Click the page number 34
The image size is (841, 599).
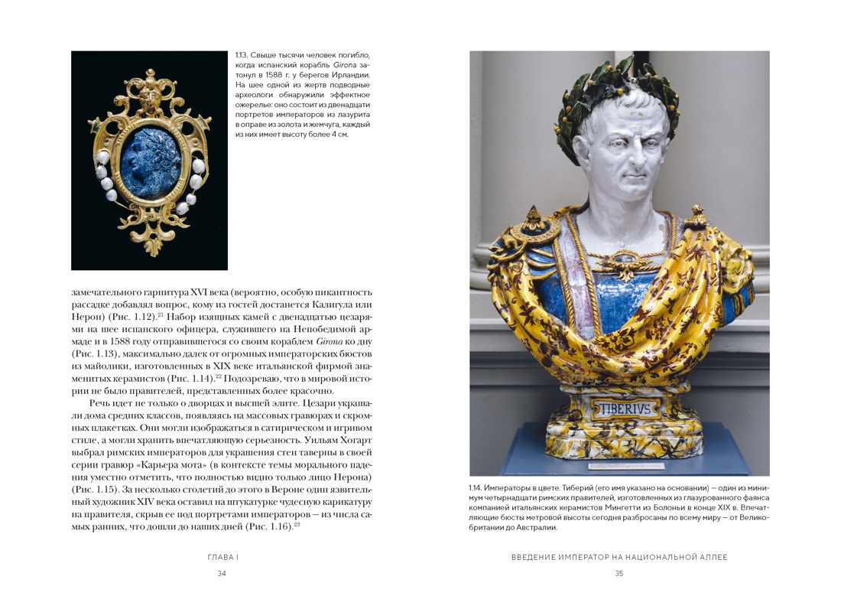[x=222, y=574]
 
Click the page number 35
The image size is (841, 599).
[x=619, y=574]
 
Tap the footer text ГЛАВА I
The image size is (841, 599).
[x=222, y=558]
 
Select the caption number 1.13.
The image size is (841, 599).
[x=242, y=55]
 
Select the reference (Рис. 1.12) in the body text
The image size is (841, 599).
[x=134, y=316]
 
